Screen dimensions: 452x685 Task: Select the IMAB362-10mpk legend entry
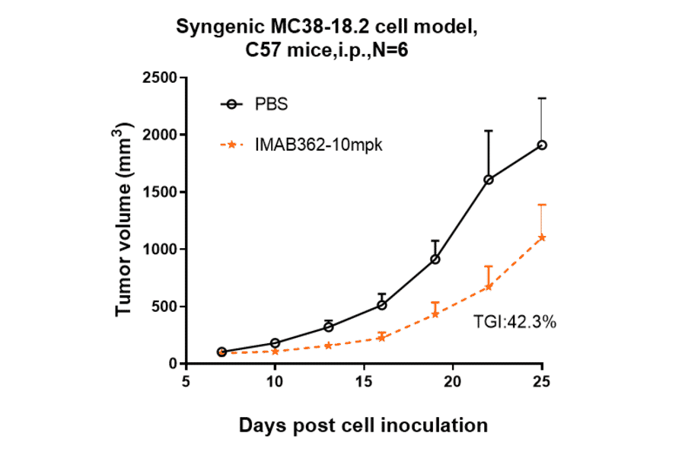[x=301, y=144]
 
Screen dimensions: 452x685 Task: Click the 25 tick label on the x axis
[x=541, y=381]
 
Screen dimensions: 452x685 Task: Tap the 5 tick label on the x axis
[x=186, y=381]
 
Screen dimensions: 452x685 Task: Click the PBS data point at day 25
[x=542, y=145]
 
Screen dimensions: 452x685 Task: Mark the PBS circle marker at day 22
[x=489, y=180]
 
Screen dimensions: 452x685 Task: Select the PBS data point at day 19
[x=435, y=259]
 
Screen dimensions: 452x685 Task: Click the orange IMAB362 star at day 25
[x=542, y=237]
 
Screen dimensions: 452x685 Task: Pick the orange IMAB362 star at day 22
[x=489, y=287]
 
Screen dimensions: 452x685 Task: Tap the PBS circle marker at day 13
[x=329, y=326]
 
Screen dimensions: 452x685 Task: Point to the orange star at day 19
[x=435, y=314]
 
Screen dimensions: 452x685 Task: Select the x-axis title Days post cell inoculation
[x=363, y=425]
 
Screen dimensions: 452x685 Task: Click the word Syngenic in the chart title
[x=218, y=27]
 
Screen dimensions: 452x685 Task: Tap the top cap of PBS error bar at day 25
[x=542, y=98]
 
